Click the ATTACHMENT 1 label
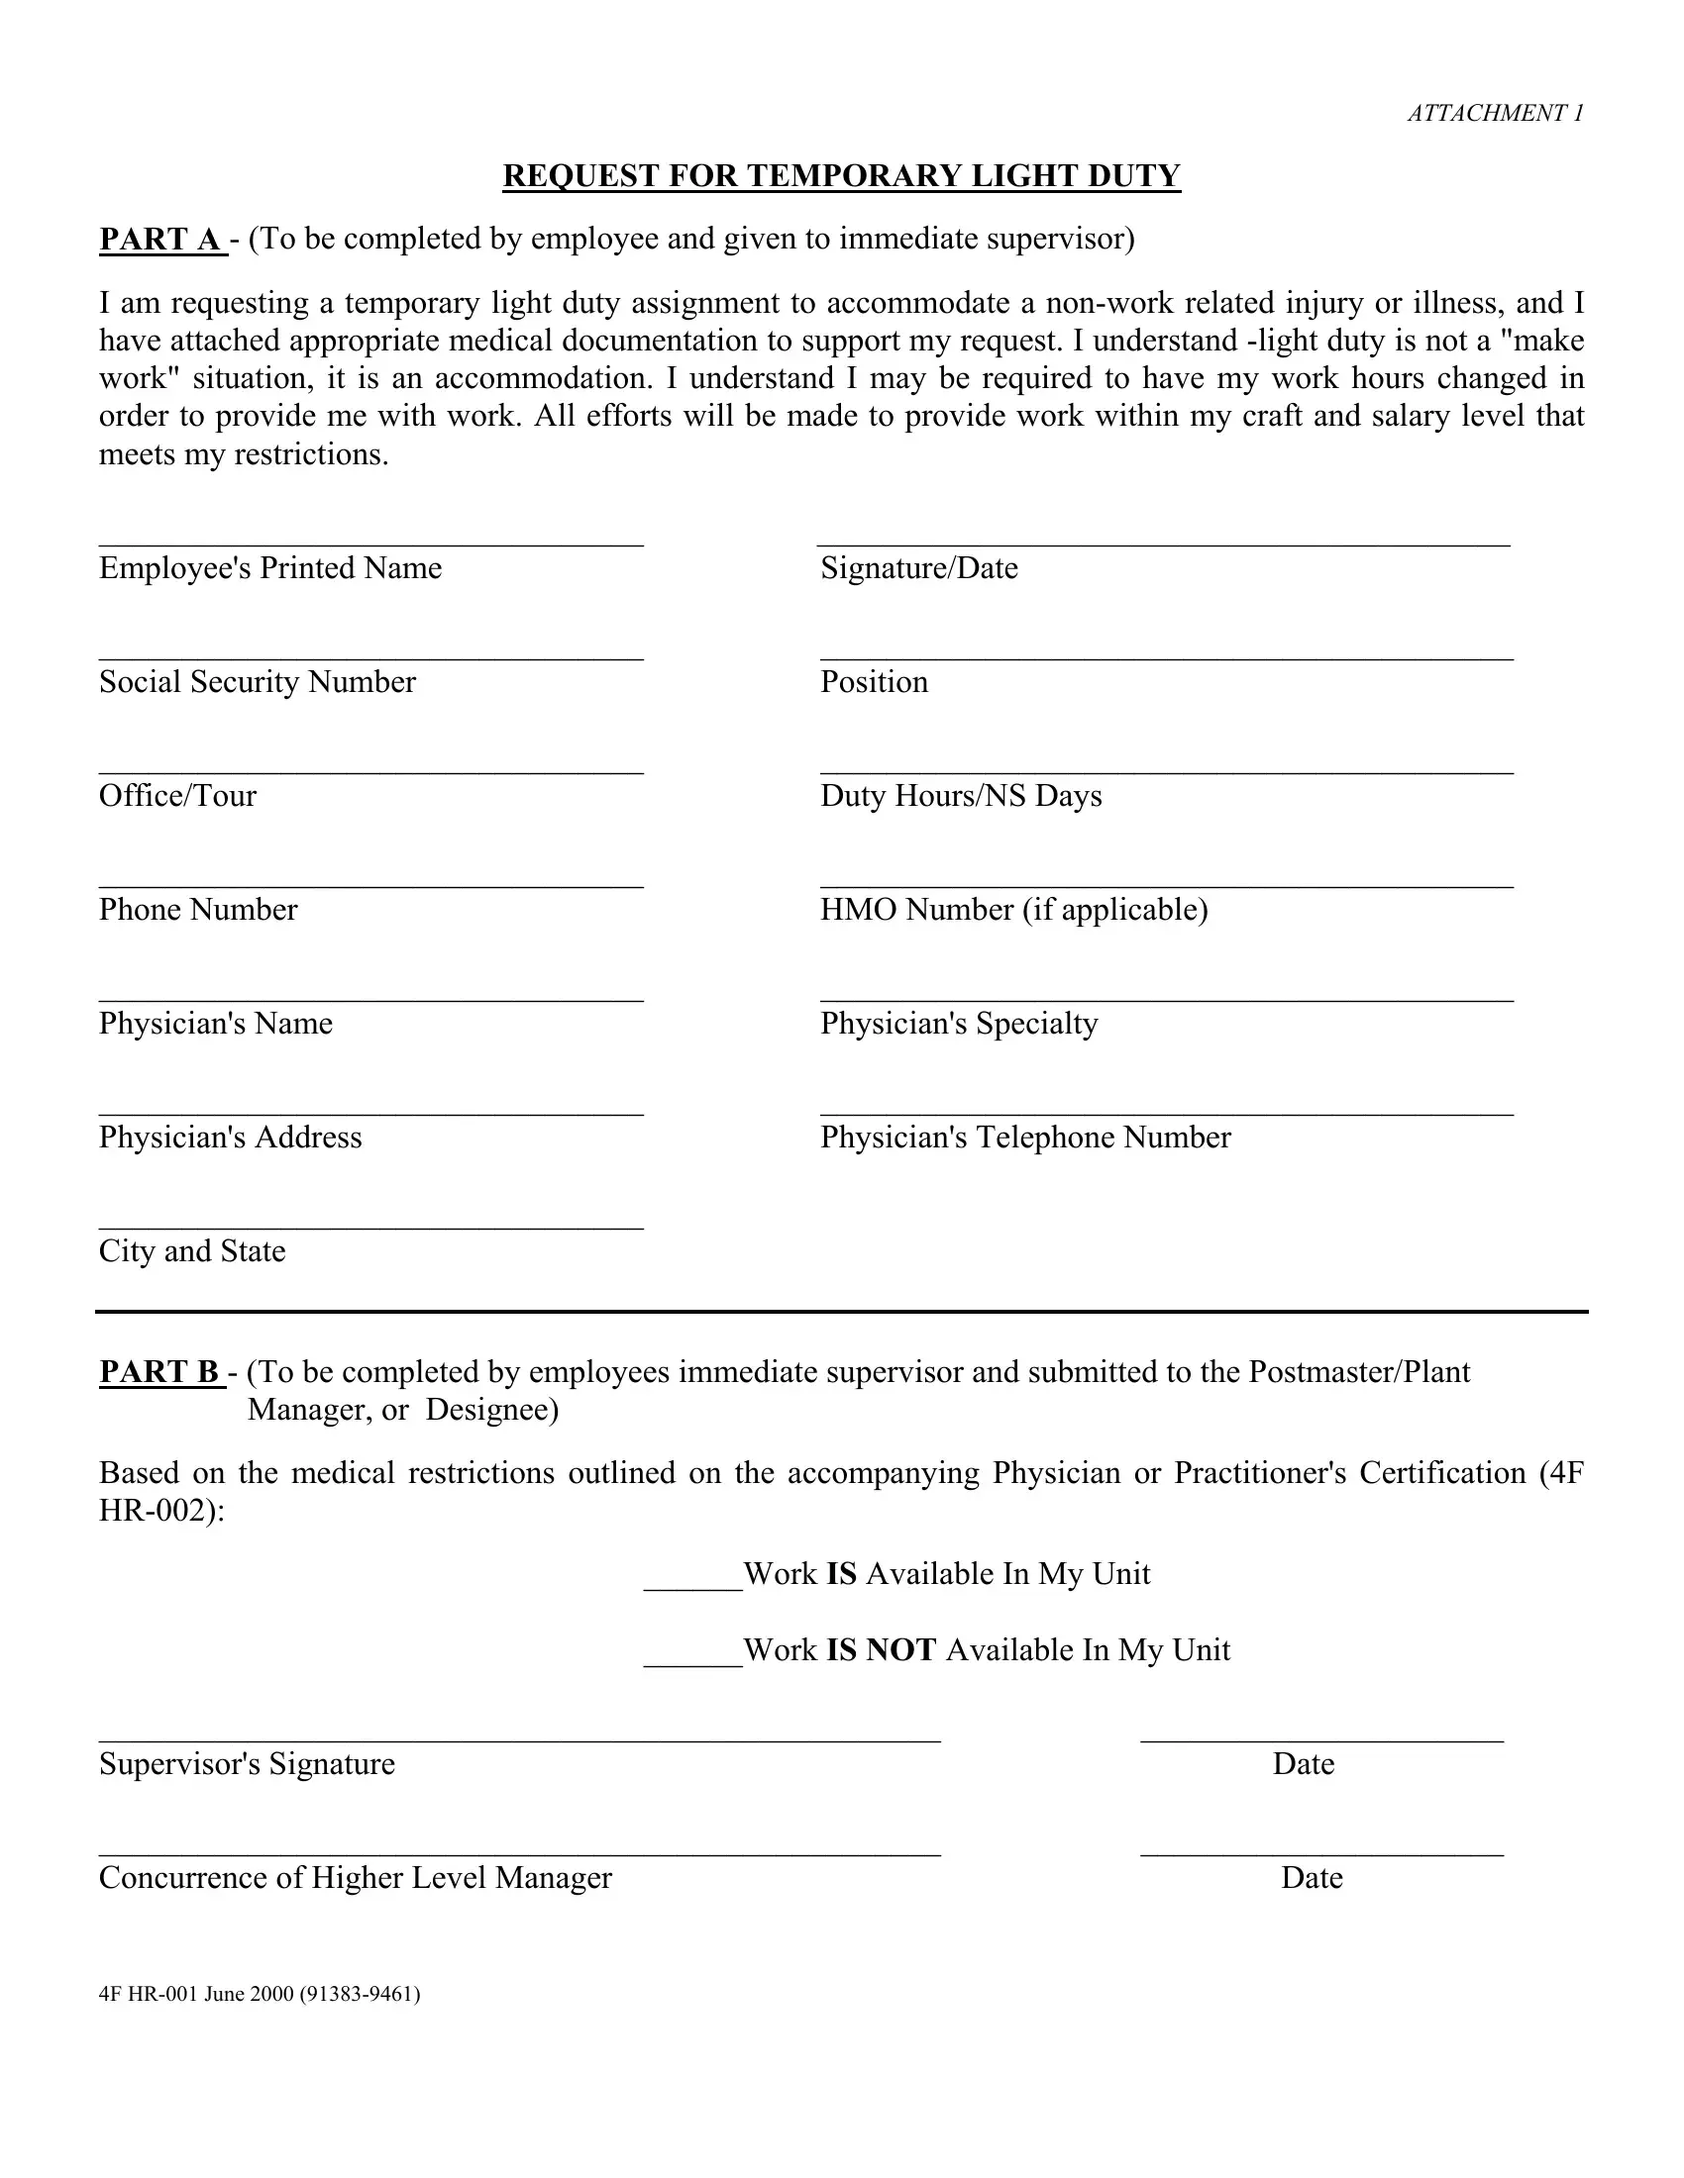pyautogui.click(x=1495, y=114)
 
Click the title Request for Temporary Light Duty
pyautogui.click(x=841, y=176)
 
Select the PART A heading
pyautogui.click(x=162, y=240)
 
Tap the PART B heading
pyautogui.click(x=162, y=1372)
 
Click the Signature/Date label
pyautogui.click(x=918, y=568)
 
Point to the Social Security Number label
pyautogui.click(x=257, y=682)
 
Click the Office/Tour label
pyautogui.click(x=177, y=796)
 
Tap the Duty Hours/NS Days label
pyautogui.click(x=960, y=796)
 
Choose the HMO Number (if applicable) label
pyautogui.click(x=1012, y=910)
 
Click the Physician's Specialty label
pyautogui.click(x=958, y=1024)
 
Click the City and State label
pyautogui.click(x=191, y=1251)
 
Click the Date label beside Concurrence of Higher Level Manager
pyautogui.click(x=1311, y=1879)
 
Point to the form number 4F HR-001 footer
pyautogui.click(x=260, y=1994)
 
